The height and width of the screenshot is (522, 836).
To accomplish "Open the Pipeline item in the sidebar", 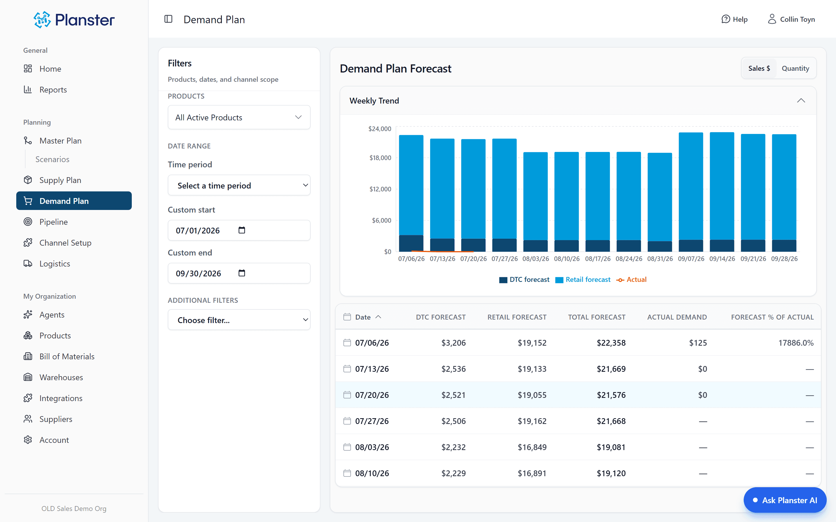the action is click(53, 222).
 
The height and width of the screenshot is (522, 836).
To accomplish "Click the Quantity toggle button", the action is click(795, 68).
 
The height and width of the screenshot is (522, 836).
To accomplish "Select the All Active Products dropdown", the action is click(239, 117).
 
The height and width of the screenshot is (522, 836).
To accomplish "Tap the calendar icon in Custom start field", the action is click(242, 230).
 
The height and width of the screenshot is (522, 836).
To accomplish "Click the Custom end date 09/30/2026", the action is click(198, 273).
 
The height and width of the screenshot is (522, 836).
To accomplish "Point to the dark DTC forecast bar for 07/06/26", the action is click(411, 243).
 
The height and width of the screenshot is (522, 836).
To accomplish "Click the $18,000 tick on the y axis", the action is click(380, 158).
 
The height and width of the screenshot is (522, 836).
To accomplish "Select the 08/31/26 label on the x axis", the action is click(660, 259).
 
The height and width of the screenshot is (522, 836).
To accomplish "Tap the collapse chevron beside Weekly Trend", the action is click(801, 100).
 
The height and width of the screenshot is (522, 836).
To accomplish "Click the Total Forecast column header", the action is click(597, 317).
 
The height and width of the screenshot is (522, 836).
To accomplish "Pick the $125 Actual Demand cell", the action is click(698, 343).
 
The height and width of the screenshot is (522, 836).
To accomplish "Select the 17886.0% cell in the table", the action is click(796, 343).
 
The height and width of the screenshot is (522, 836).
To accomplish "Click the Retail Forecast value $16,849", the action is click(532, 447).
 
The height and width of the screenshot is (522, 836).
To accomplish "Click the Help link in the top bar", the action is click(734, 19).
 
